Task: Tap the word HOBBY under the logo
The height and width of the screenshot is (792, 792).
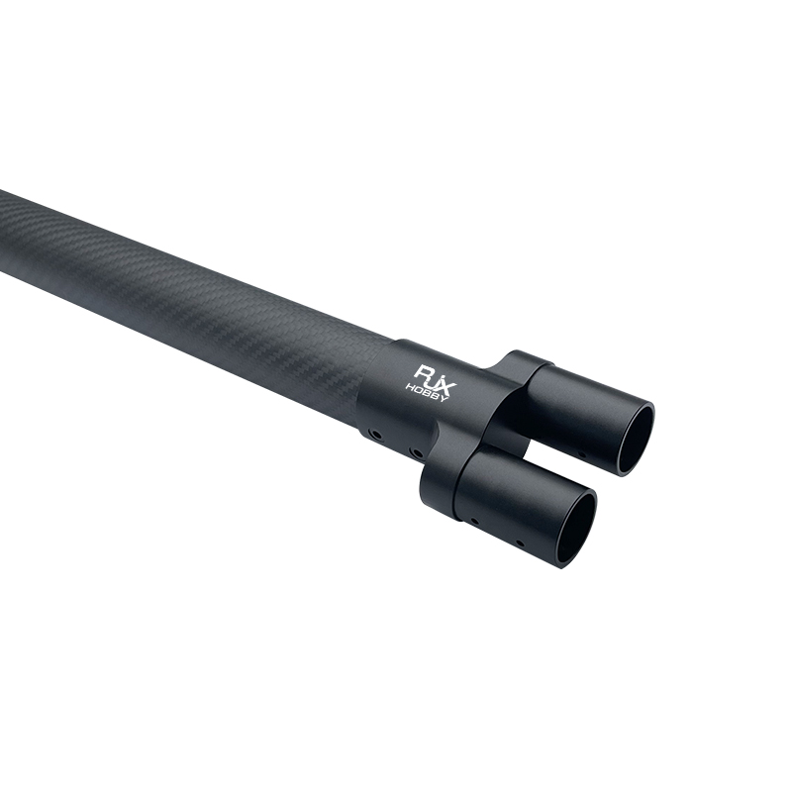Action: [427, 392]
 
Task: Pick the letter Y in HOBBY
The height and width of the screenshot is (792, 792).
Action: [444, 399]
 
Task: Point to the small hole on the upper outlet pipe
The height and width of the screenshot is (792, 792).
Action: [582, 454]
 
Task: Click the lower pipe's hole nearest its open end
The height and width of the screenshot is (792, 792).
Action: [520, 544]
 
